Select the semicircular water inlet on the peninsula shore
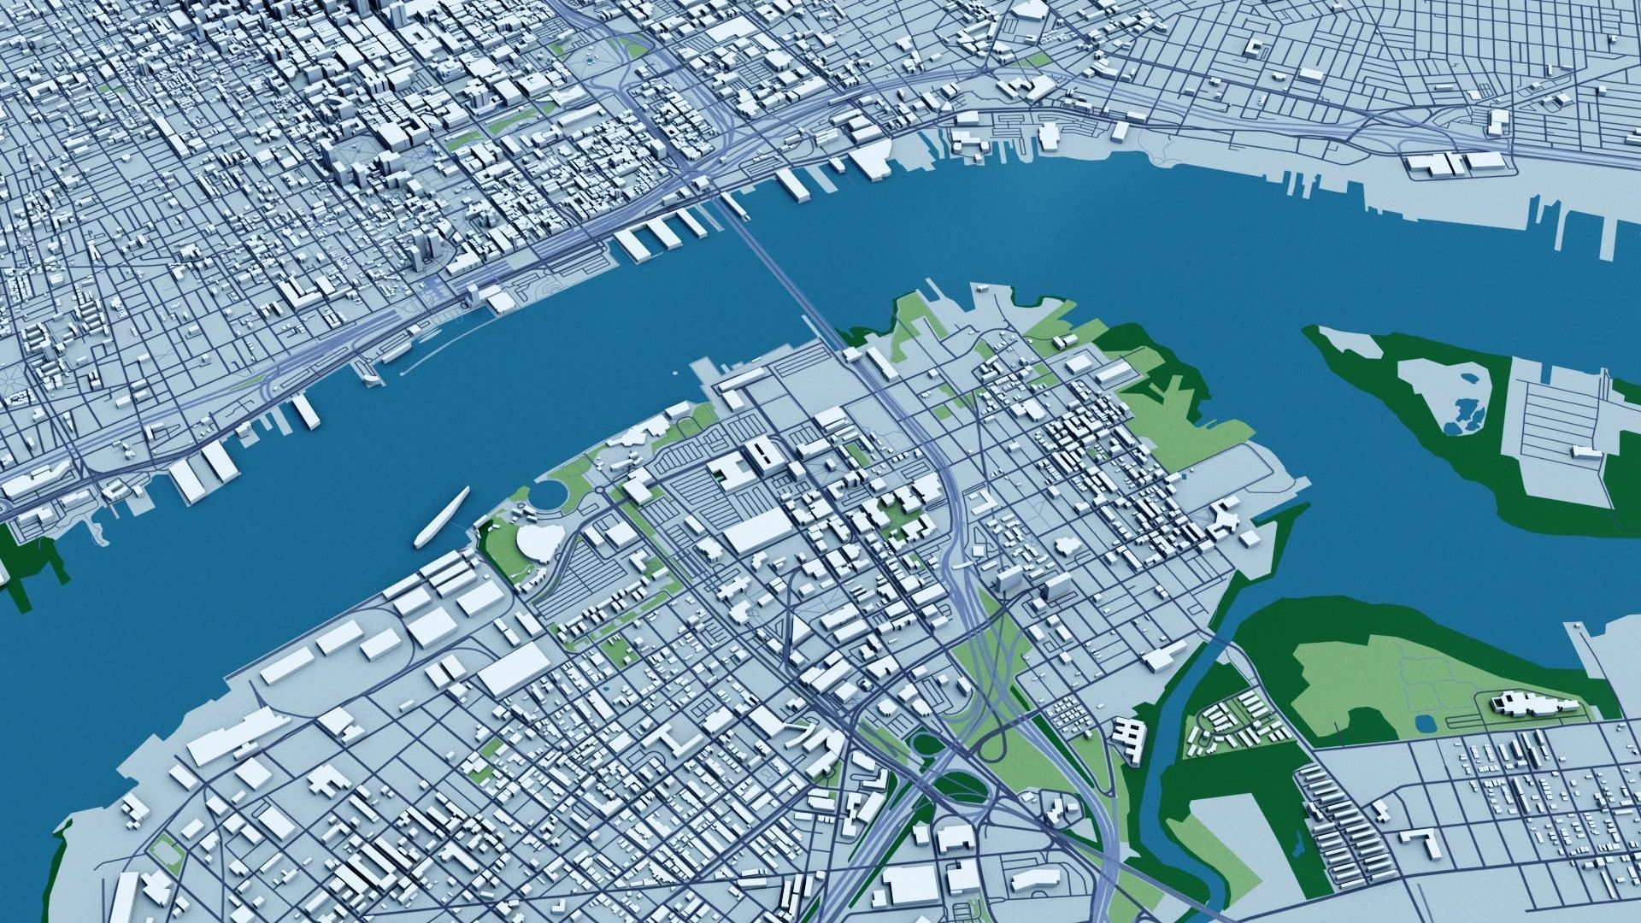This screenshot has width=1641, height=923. tap(550, 494)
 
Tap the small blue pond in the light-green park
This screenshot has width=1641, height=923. tap(1424, 724)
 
